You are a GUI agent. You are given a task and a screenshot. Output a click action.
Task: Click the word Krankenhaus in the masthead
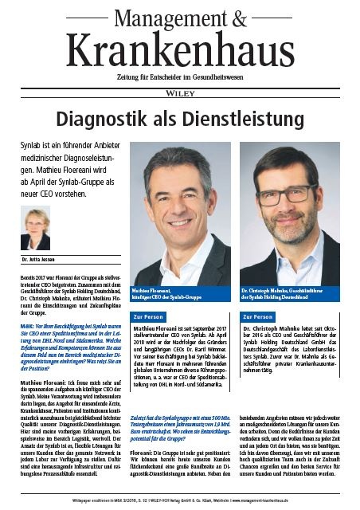tap(180, 49)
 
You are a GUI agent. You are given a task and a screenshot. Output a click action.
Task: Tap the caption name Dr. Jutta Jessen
tap(37, 260)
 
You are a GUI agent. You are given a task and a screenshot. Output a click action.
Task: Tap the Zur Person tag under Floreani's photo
tap(149, 316)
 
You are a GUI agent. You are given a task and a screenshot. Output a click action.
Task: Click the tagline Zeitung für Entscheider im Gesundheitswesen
tap(180, 75)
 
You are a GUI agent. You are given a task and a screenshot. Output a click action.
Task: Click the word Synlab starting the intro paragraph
tap(32, 148)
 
